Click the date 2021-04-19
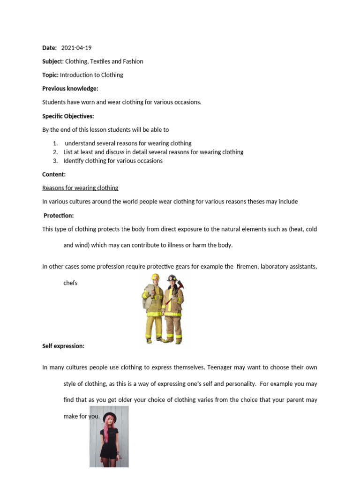(80, 48)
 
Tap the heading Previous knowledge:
(70, 89)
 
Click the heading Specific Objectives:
(68, 116)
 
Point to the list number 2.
(55, 152)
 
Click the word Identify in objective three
(74, 161)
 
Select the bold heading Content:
(54, 174)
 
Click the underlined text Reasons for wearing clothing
(80, 188)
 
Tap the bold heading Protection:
(59, 216)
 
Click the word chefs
(70, 283)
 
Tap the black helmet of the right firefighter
(172, 278)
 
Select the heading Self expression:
(63, 346)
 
